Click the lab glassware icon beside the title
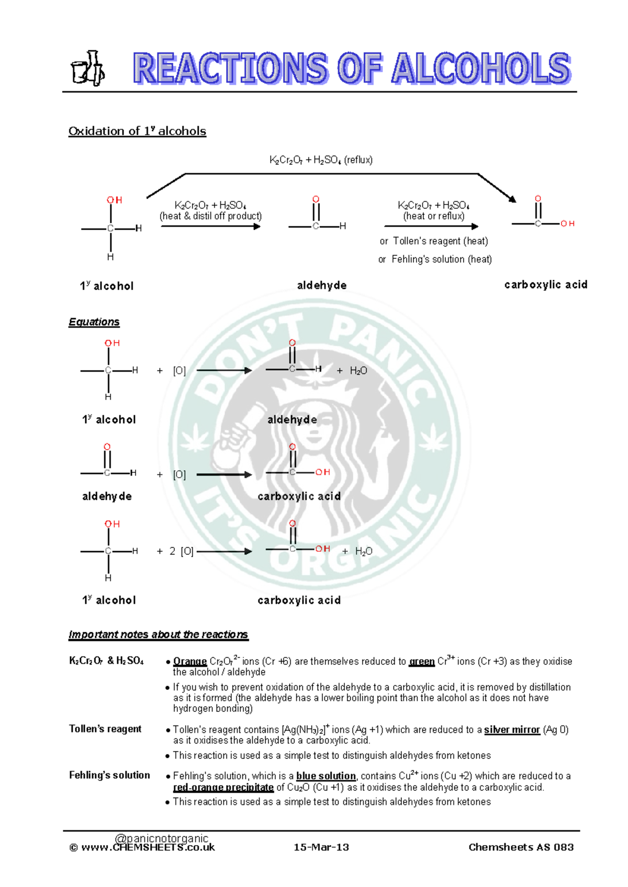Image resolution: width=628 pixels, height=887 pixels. click(87, 69)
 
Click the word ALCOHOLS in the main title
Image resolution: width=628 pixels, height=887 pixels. click(481, 69)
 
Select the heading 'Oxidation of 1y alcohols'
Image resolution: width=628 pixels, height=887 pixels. click(137, 131)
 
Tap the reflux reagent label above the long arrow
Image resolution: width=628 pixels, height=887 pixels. click(321, 160)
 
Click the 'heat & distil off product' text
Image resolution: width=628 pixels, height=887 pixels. click(210, 216)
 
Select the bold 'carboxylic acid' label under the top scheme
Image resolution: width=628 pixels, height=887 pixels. click(545, 285)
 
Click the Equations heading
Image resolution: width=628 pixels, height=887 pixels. click(94, 322)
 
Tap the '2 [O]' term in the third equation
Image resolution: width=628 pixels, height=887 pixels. click(181, 551)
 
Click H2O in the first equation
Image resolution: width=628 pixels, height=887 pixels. click(358, 371)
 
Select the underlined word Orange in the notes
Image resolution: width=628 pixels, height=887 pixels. click(189, 662)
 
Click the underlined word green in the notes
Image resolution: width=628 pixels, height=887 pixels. click(421, 662)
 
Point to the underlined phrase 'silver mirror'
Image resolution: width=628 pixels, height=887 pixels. click(511, 730)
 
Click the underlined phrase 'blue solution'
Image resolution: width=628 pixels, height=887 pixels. click(326, 776)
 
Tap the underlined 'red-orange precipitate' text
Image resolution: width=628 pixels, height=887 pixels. click(223, 788)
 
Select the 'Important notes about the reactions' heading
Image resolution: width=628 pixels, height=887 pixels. click(158, 634)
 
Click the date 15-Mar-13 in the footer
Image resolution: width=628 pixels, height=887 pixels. click(321, 847)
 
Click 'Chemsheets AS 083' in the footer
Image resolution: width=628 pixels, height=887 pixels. click(521, 847)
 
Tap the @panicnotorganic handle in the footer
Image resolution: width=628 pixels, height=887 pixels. click(161, 838)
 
